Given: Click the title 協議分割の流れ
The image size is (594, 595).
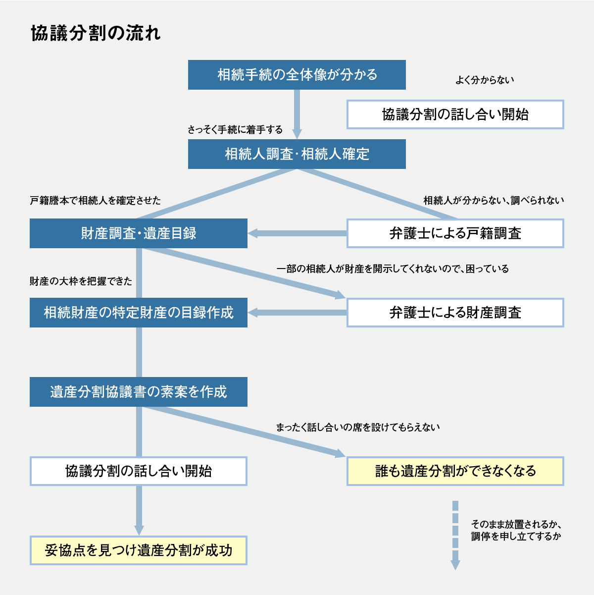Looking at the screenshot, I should point(96,34).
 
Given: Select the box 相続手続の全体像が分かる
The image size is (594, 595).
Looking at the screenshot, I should point(297,75).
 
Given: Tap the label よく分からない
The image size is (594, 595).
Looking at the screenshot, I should point(485,80).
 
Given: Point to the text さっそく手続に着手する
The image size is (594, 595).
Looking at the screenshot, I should point(235,130).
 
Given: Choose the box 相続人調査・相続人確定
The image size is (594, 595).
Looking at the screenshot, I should point(297,154).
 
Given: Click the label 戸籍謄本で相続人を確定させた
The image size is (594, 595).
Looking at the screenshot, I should point(96,201).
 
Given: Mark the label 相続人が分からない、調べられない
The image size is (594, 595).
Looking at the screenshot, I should point(494,201).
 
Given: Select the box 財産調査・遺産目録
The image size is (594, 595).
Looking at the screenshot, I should point(139,233).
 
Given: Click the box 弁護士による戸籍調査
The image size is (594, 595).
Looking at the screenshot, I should point(455,233).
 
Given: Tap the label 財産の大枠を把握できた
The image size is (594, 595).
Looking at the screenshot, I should point(81,281).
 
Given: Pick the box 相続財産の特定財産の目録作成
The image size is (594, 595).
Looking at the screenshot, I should point(139,313).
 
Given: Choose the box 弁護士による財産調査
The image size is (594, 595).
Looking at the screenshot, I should point(455,313).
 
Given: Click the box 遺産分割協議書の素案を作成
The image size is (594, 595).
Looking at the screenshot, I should point(139,392).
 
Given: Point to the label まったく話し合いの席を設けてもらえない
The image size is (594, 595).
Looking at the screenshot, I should point(358,427).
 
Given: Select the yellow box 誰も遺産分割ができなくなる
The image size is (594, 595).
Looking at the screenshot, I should point(455,471).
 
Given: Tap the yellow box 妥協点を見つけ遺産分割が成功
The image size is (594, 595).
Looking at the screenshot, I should point(139,550).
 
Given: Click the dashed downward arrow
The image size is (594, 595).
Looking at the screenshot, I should point(455,535).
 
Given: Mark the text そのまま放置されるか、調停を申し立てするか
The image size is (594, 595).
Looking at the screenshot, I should point(516,530).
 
